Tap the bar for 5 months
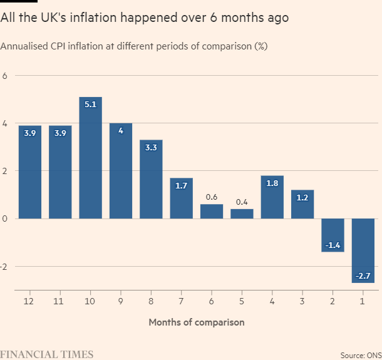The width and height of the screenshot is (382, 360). pos(242,213)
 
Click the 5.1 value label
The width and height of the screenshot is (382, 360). pos(90,105)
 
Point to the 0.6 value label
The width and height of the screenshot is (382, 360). pos(212,197)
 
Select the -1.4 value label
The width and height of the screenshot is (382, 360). pos(333,245)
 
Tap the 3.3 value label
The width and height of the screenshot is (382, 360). pos(151,147)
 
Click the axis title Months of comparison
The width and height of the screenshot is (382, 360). pos(196,322)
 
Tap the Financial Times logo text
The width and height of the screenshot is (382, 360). pos(47,354)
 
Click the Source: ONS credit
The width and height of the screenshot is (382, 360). pos(360,354)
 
